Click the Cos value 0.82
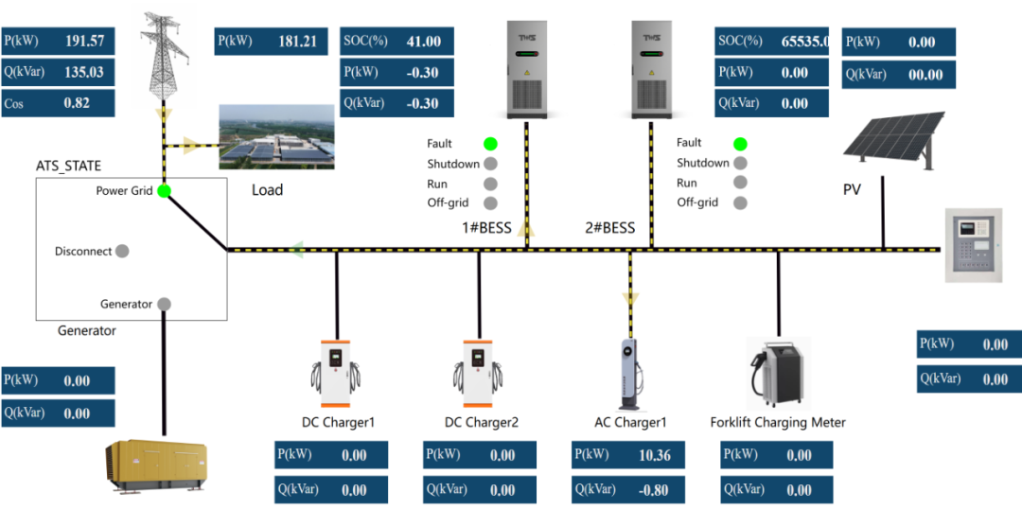tap(77, 103)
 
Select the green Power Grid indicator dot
tap(164, 191)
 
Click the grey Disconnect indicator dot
tap(121, 252)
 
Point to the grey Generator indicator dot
tap(164, 304)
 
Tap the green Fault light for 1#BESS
tap(490, 144)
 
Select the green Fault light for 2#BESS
tap(740, 144)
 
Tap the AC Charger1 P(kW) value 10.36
tap(654, 455)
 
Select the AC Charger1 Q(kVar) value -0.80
tap(654, 490)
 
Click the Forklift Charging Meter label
tap(778, 422)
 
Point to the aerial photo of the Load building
tap(277, 137)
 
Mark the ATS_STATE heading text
tap(68, 166)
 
